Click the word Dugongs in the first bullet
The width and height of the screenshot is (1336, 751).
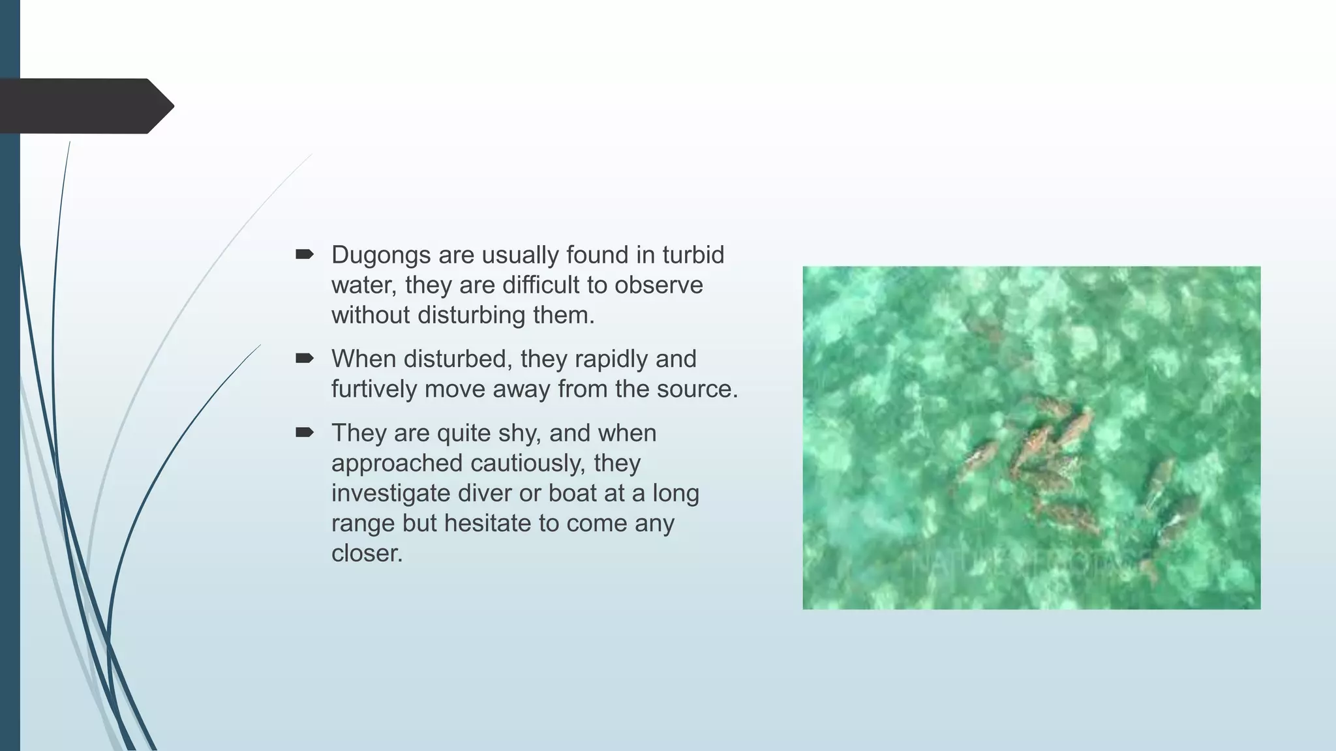tap(381, 256)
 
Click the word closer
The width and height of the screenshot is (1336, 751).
tap(367, 553)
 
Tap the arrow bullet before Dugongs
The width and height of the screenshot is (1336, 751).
tap(305, 254)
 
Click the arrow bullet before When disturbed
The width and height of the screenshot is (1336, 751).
tap(305, 358)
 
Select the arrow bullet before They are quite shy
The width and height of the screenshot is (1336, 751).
tap(305, 432)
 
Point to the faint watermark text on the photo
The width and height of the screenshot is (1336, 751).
tap(1018, 562)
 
